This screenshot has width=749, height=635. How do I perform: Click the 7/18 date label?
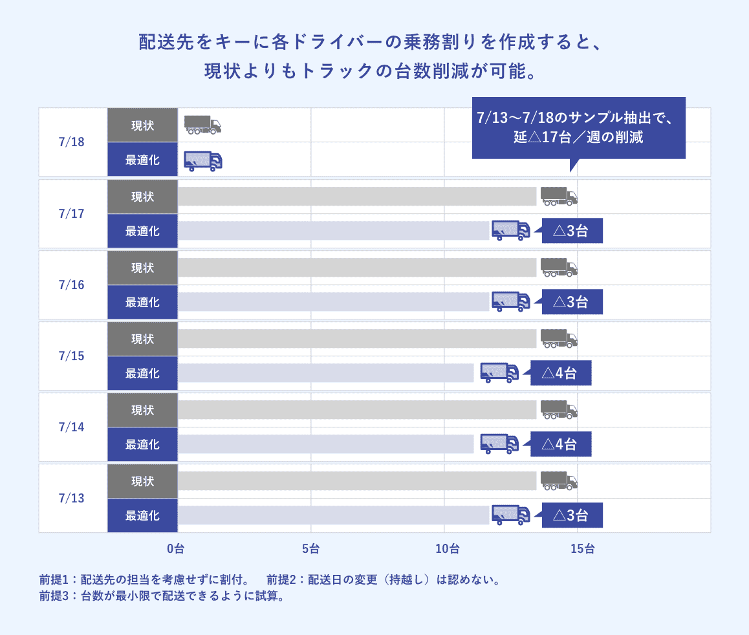(x=71, y=142)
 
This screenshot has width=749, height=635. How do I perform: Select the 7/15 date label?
(x=71, y=356)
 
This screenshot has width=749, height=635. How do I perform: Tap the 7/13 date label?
(x=71, y=499)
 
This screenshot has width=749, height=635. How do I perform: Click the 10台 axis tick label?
(x=447, y=549)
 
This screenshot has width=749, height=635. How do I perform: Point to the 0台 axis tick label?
(x=175, y=549)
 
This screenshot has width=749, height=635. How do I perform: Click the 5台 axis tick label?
(x=310, y=549)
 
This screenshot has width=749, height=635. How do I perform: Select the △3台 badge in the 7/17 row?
(x=572, y=231)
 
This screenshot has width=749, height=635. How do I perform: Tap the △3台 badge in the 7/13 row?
(x=572, y=515)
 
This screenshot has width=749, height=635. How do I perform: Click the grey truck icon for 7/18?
(x=202, y=125)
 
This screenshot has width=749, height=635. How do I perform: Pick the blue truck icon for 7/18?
(x=202, y=160)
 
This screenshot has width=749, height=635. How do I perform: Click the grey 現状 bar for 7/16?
(x=357, y=268)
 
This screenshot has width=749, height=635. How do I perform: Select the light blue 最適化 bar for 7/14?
(x=325, y=444)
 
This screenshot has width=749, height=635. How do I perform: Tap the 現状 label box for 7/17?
(x=142, y=197)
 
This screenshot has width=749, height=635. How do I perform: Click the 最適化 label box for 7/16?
(x=142, y=302)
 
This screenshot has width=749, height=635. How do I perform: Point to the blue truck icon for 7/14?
(x=499, y=444)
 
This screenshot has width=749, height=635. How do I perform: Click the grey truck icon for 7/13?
(x=558, y=480)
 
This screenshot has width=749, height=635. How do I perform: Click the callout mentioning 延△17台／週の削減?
(x=578, y=128)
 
